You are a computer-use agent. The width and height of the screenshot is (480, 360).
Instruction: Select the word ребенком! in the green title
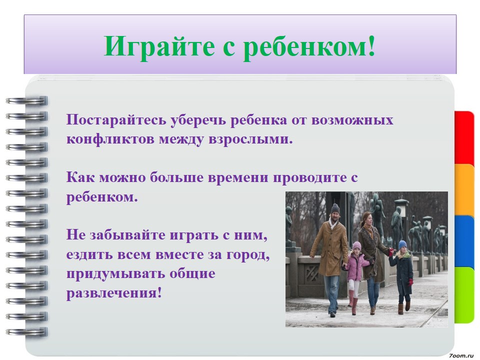click(309, 46)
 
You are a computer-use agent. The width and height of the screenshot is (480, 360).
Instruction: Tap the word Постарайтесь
click(116, 120)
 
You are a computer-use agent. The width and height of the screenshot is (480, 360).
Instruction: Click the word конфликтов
click(110, 139)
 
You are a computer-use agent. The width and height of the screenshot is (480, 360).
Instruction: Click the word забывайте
click(127, 235)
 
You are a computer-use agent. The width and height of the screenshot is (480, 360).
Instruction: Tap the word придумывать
click(115, 273)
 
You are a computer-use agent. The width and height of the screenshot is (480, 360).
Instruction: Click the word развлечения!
click(114, 293)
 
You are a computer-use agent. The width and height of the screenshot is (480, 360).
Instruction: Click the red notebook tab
click(464, 139)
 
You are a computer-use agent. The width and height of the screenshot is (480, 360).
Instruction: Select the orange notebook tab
click(464, 190)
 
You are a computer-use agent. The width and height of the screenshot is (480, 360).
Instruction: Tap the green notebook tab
click(464, 294)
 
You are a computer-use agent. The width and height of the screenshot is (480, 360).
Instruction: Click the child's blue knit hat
click(402, 244)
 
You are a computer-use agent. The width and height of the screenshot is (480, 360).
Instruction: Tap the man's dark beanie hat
click(335, 208)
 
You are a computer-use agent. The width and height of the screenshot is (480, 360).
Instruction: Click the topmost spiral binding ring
click(27, 100)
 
